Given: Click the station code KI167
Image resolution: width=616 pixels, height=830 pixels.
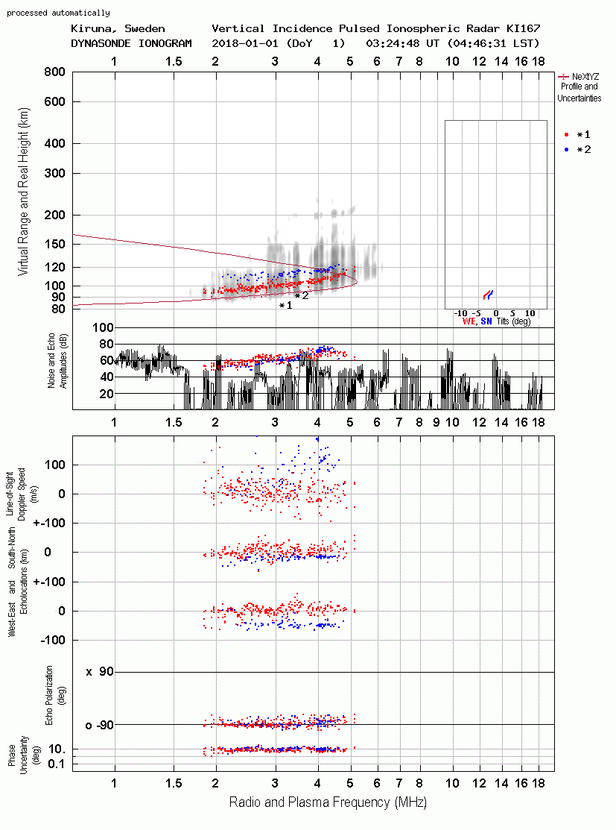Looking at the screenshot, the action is pyautogui.click(x=523, y=28).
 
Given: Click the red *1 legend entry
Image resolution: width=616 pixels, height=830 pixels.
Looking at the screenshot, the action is pyautogui.click(x=577, y=134).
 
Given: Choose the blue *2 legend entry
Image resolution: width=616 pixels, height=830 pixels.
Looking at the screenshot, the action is pyautogui.click(x=577, y=149).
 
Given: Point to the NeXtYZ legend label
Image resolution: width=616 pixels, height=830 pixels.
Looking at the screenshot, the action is pyautogui.click(x=585, y=77).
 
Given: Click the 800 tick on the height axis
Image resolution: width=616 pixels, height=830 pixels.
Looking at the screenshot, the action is pyautogui.click(x=55, y=72).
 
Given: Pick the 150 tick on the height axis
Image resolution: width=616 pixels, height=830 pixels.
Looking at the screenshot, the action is pyautogui.click(x=55, y=244).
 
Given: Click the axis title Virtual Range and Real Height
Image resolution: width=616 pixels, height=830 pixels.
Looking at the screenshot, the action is pyautogui.click(x=24, y=192).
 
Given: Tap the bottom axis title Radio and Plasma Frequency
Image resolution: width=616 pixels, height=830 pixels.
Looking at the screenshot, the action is pyautogui.click(x=328, y=802).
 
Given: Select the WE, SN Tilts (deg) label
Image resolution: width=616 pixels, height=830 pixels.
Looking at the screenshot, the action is pyautogui.click(x=497, y=321).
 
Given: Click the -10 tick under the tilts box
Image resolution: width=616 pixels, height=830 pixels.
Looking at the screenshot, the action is pyautogui.click(x=460, y=313).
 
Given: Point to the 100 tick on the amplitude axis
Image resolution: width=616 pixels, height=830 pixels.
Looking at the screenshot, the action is pyautogui.click(x=103, y=327).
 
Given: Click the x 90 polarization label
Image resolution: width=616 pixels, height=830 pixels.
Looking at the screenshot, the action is pyautogui.click(x=100, y=672).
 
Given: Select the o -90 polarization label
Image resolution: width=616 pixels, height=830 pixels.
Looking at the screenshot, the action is pyautogui.click(x=99, y=725).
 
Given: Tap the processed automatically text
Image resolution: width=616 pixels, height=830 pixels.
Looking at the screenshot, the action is pyautogui.click(x=58, y=13).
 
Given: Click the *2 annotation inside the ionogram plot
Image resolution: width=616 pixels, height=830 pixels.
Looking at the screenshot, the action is pyautogui.click(x=302, y=296).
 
